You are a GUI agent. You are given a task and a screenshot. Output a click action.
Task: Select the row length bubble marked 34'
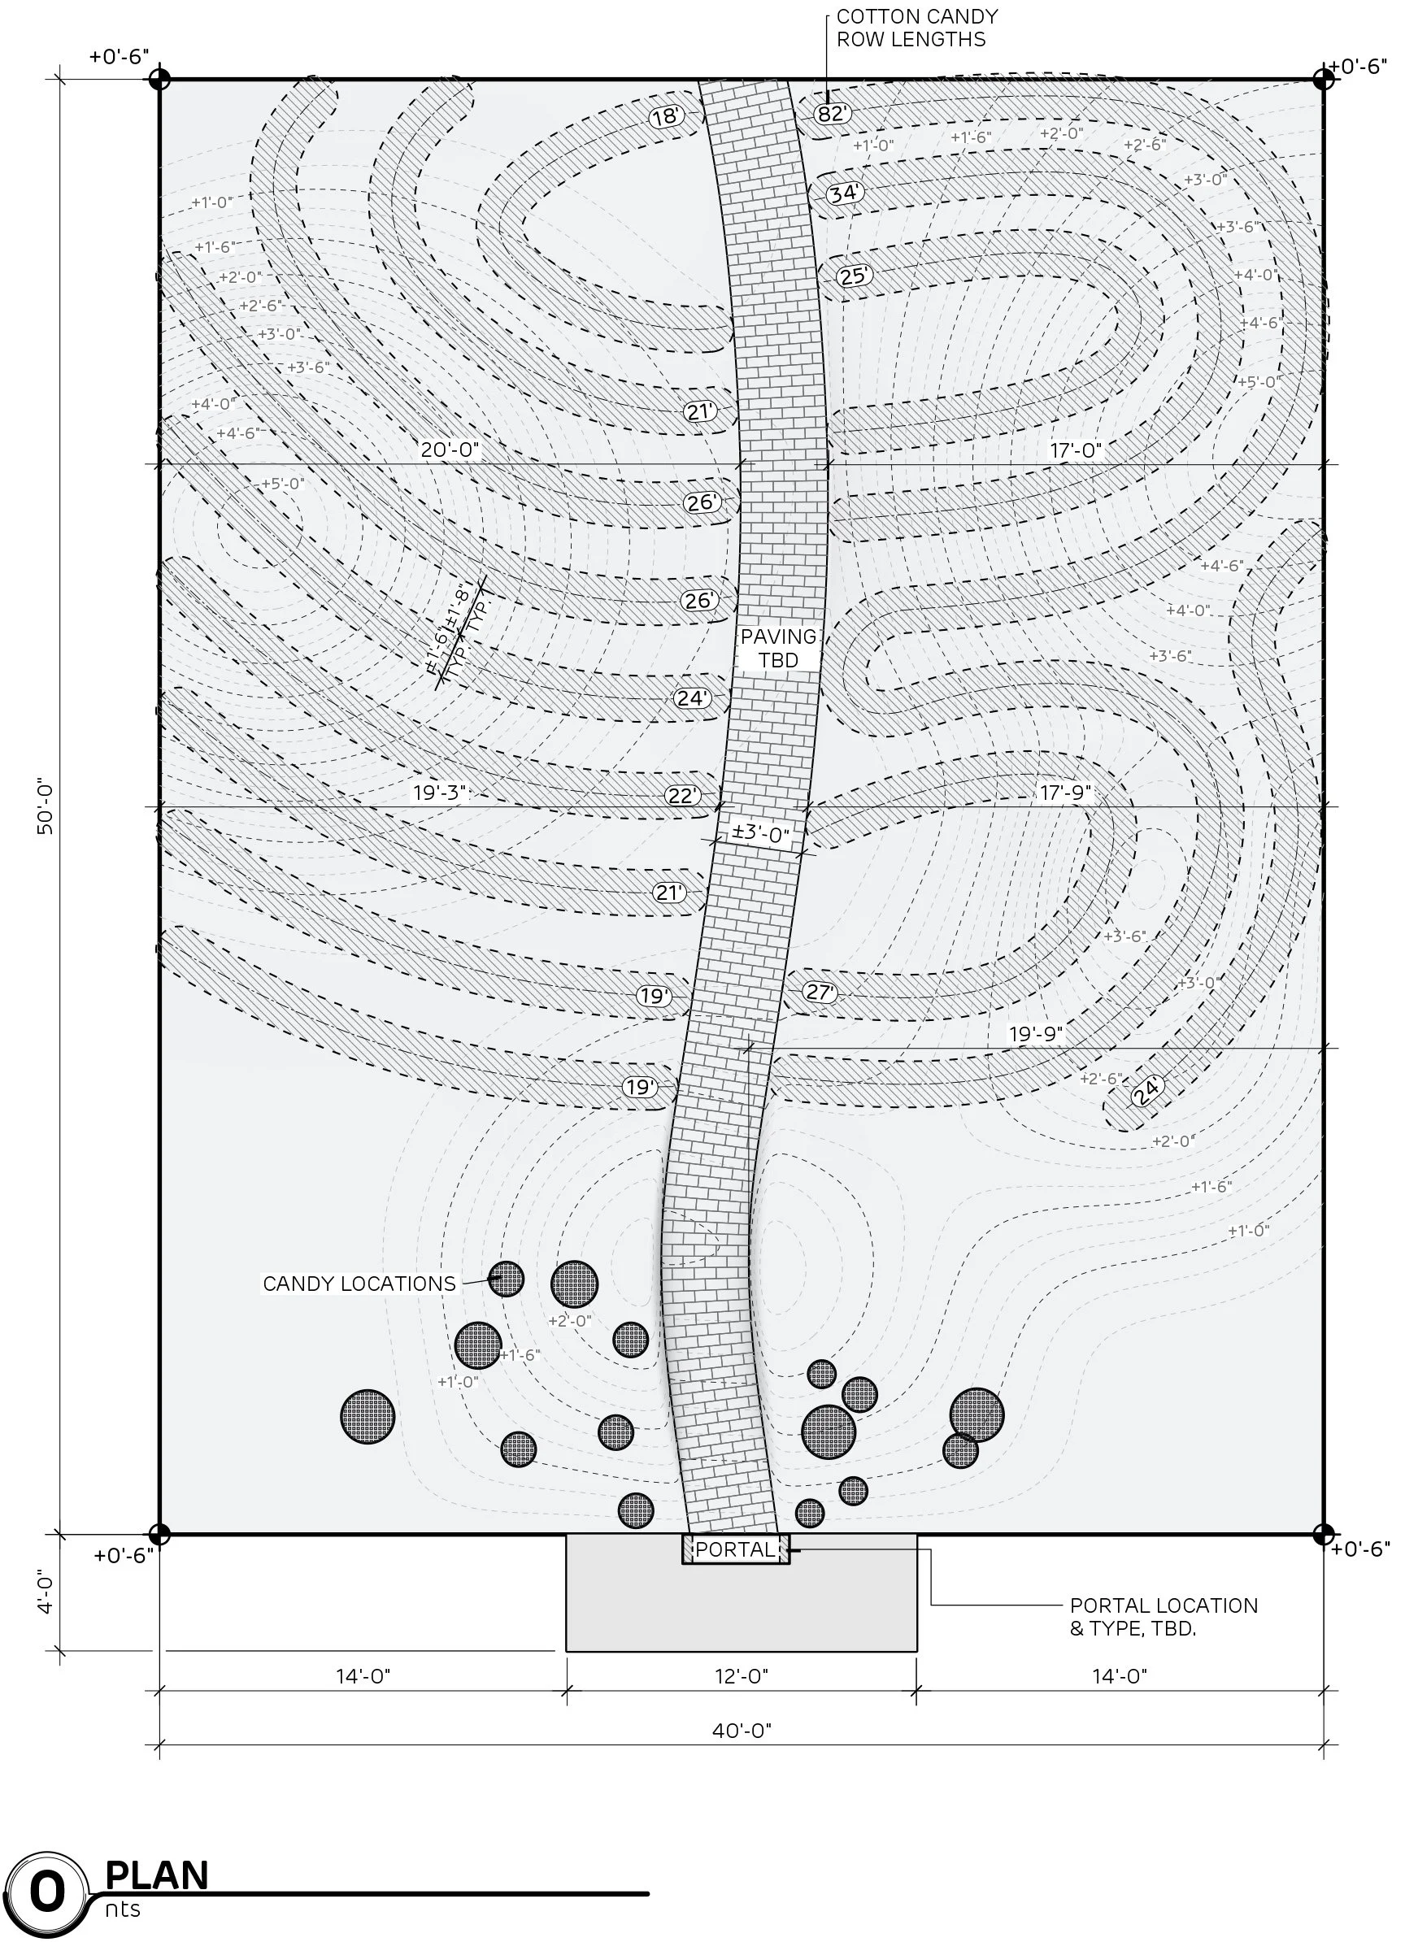pos(845,193)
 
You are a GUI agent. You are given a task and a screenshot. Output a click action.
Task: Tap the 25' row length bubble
pos(853,276)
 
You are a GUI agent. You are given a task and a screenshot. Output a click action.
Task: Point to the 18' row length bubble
pos(666,116)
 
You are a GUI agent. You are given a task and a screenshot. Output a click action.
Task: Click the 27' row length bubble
pos(820,992)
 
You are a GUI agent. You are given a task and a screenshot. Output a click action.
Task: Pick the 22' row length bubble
pos(683,796)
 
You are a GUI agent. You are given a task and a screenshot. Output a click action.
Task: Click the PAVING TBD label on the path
pos(778,648)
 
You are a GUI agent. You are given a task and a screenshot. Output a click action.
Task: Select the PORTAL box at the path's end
pos(736,1549)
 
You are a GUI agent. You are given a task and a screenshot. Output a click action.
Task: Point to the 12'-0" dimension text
pos(742,1675)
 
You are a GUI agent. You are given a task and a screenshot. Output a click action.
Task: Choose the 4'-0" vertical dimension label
pos(46,1590)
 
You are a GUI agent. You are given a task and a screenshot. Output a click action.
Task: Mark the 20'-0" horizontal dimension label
pos(450,450)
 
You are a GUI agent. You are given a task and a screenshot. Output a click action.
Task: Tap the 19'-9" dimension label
pos(1036,1033)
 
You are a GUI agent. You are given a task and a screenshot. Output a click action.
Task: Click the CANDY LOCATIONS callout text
pos(359,1284)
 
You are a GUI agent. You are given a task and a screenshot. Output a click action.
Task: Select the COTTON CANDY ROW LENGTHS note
pos(916,28)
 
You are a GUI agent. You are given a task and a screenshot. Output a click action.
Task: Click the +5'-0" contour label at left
pos(281,484)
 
